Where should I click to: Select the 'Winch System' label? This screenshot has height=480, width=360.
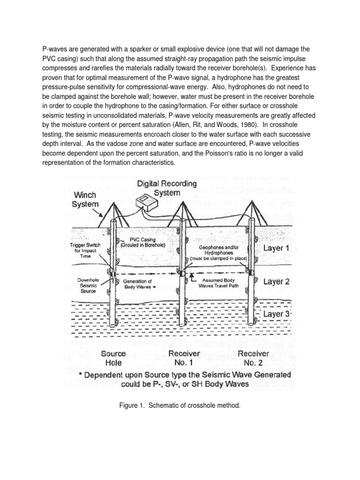84,199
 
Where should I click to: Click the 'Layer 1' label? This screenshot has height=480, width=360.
280,248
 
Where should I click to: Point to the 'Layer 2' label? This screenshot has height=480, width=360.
280,281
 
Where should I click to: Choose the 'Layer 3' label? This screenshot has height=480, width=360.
280,314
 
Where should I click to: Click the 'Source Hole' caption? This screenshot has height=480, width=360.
113,358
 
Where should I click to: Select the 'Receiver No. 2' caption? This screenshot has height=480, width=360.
254,358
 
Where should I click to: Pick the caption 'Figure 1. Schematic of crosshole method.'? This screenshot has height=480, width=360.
180,405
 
